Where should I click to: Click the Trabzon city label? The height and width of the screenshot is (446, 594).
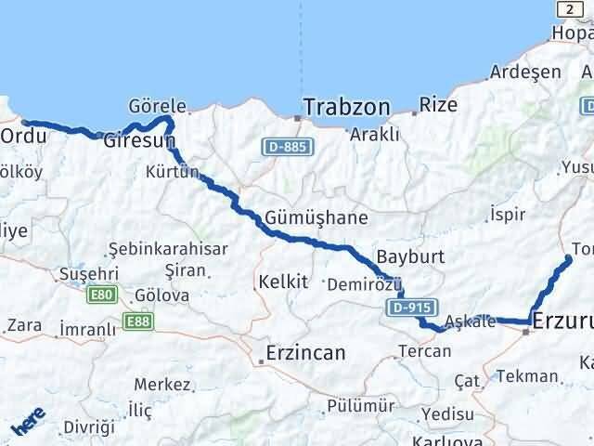[x=346, y=107]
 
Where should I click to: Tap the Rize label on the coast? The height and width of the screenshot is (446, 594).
[x=438, y=104]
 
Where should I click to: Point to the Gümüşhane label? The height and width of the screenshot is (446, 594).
[x=316, y=218]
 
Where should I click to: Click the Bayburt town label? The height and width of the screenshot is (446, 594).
[x=411, y=256]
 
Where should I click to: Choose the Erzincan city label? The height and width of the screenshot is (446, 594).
[x=305, y=353]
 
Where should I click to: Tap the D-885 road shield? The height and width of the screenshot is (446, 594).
[x=284, y=147]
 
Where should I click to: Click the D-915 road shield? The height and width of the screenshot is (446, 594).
[x=407, y=308]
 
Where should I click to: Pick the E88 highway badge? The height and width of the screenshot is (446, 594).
[x=136, y=324]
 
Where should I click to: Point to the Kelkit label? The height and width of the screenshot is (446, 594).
[x=283, y=280]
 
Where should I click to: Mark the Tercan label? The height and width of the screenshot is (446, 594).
[x=424, y=351]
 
